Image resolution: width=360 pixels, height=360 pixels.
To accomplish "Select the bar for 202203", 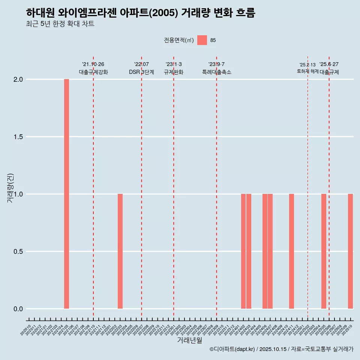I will point(120,251).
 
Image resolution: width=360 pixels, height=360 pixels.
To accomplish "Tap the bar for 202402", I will point(243,251).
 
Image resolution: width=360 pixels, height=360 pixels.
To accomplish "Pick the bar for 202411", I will point(291,251).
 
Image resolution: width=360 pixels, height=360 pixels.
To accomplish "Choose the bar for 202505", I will point(324,251).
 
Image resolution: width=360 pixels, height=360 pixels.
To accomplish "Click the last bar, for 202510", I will point(350,251).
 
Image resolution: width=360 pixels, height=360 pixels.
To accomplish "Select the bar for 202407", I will point(270,251).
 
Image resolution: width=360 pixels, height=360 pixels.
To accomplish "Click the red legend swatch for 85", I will point(202,40).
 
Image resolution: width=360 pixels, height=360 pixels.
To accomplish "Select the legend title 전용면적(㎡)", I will point(179,40).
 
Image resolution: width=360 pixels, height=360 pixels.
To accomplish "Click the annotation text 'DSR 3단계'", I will point(141,72).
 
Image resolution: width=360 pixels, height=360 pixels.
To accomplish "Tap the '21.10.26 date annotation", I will point(93,64).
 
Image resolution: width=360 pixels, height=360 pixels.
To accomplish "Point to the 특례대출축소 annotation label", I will point(216,72).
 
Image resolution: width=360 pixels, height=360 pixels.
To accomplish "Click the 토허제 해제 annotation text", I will point(307,71).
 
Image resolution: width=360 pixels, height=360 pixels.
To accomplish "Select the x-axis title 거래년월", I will point(189,340).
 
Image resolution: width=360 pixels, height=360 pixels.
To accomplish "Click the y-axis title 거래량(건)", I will point(10,187).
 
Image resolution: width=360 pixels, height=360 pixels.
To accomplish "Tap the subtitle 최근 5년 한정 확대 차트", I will point(60,24).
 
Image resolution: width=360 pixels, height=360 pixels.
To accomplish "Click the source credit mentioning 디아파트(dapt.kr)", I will point(281,349).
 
